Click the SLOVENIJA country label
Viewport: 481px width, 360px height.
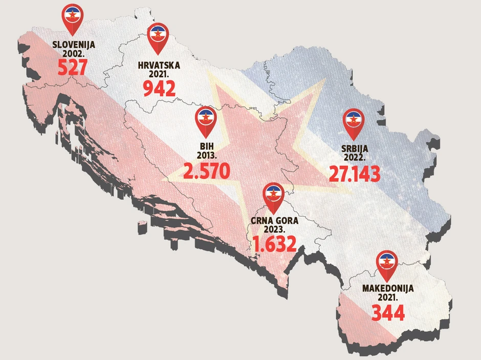[74, 44]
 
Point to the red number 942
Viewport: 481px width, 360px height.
[159, 89]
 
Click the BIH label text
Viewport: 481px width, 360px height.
[206, 146]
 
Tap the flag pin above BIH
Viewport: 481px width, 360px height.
[206, 119]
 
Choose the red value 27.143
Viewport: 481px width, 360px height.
[354, 174]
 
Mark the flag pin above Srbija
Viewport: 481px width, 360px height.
[353, 122]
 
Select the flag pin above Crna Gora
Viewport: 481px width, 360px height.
[273, 196]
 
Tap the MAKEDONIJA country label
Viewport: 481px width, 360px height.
[387, 288]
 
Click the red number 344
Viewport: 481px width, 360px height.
[387, 312]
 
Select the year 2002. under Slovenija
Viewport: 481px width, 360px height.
[74, 53]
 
